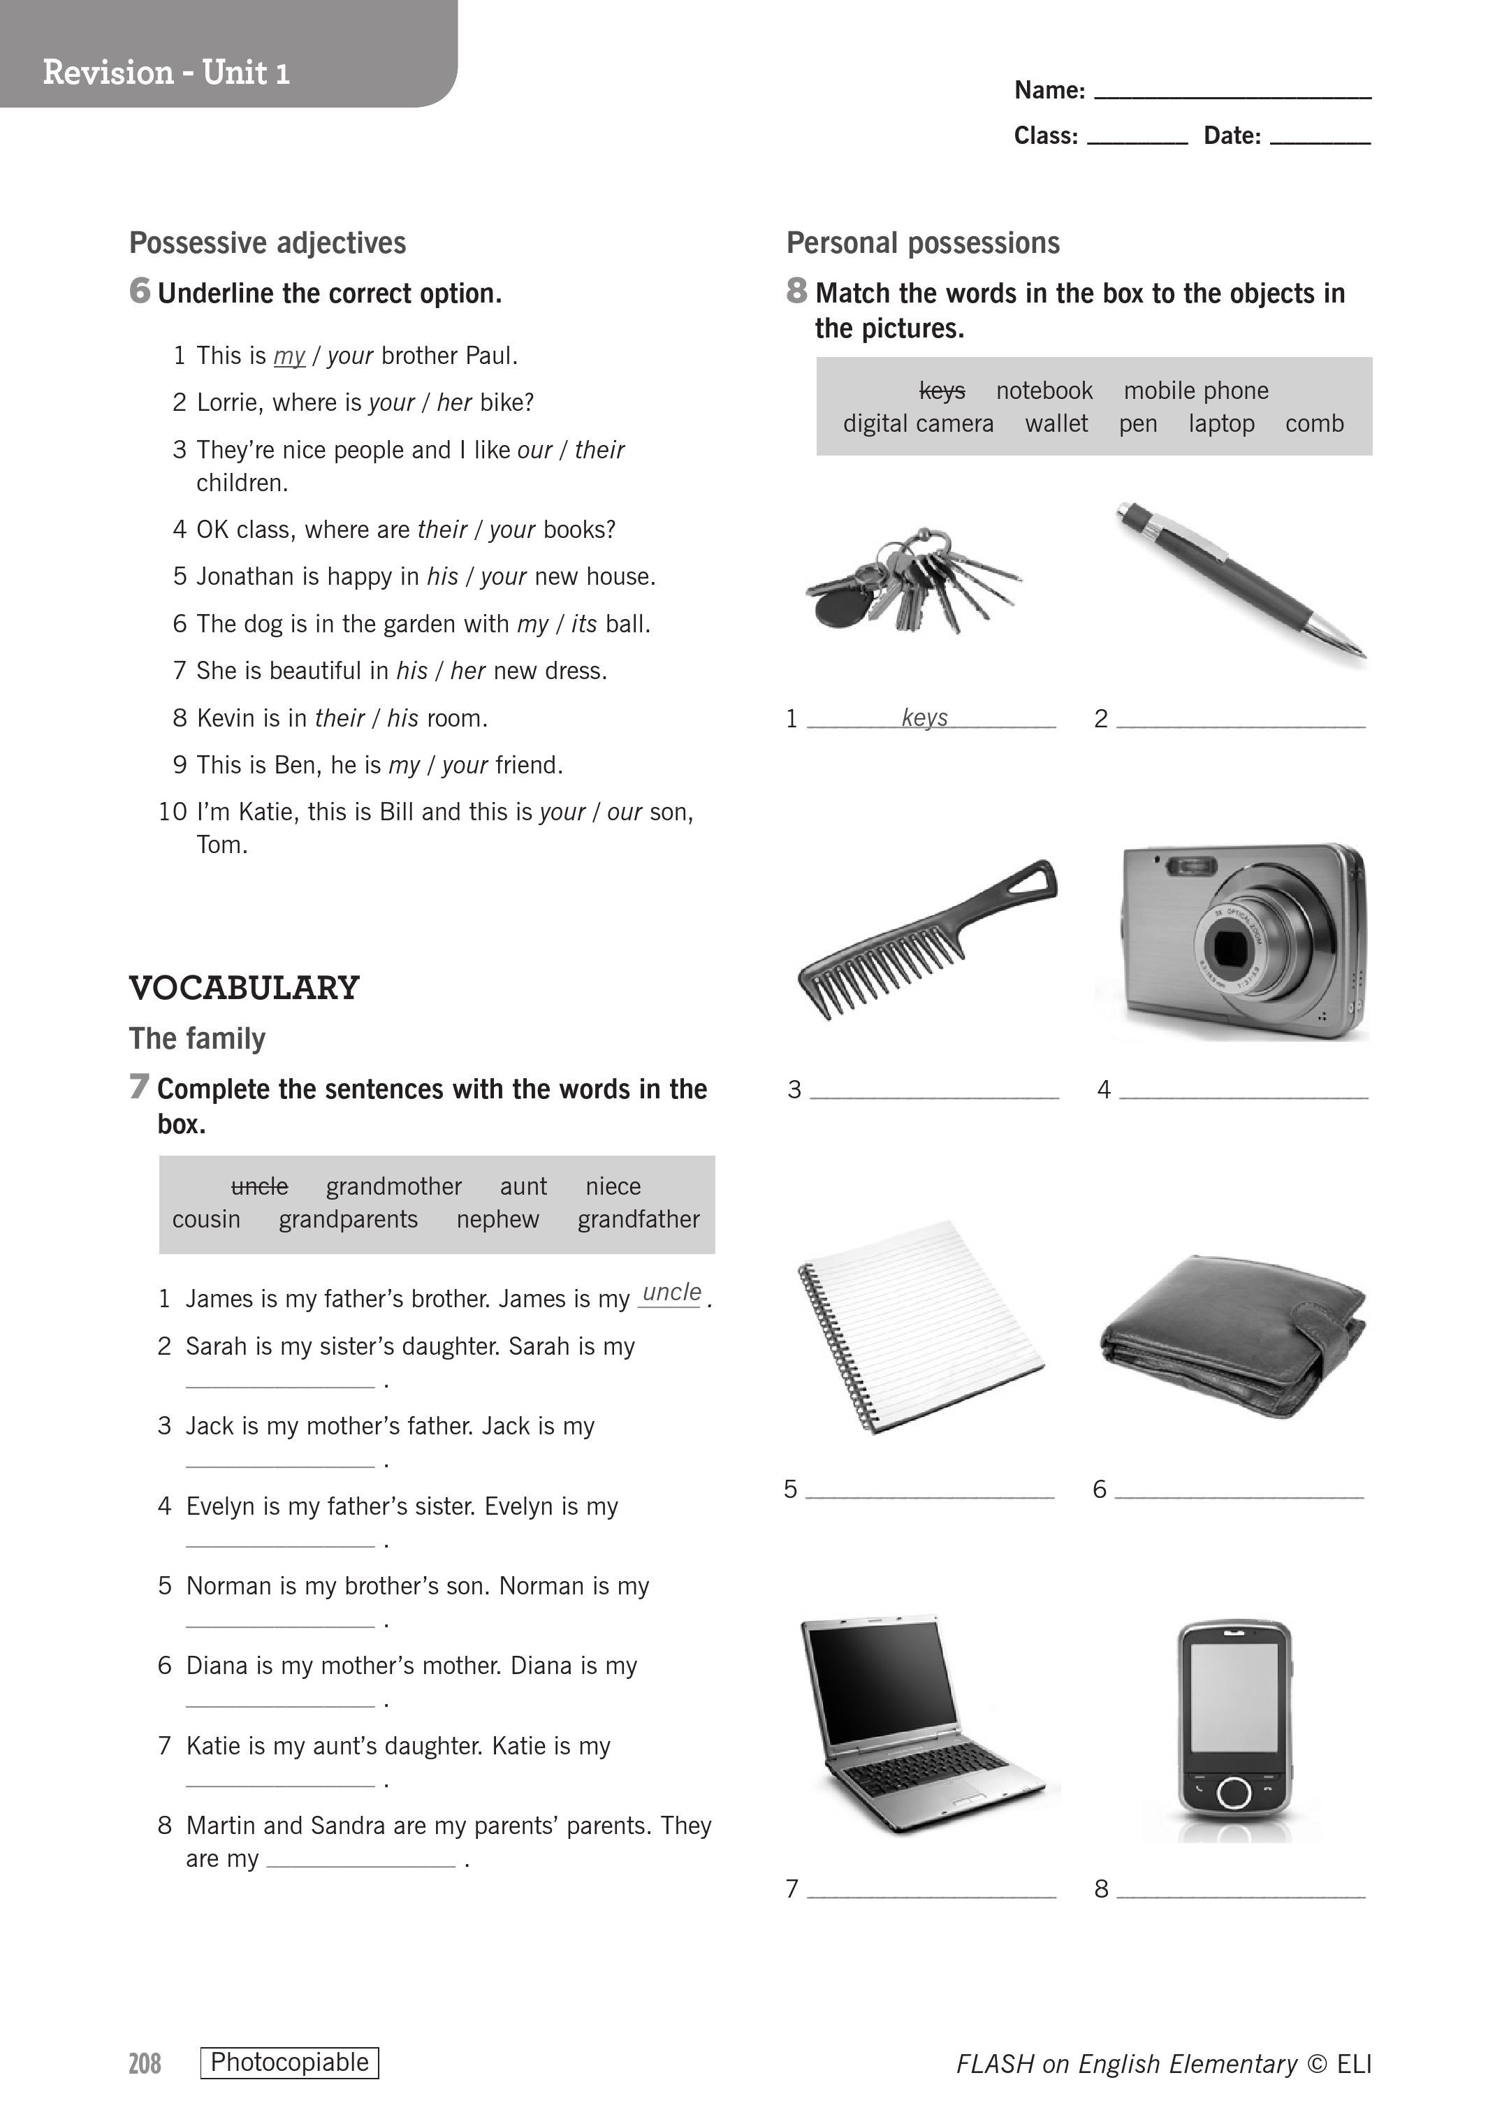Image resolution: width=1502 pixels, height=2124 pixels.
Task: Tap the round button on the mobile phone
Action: click(1234, 1792)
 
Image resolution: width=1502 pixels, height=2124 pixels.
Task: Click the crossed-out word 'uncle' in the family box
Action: click(259, 1186)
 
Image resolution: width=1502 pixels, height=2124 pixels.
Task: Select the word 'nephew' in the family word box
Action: click(497, 1219)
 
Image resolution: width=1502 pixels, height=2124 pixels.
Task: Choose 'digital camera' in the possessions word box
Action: click(917, 423)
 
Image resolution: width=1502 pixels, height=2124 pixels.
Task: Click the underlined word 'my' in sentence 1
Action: click(289, 356)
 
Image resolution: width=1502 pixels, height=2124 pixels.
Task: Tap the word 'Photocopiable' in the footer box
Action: click(289, 2062)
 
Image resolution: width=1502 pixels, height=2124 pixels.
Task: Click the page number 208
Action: click(145, 2063)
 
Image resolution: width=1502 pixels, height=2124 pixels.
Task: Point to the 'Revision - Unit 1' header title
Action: click(166, 72)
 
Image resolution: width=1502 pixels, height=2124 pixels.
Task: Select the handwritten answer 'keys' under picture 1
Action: click(924, 717)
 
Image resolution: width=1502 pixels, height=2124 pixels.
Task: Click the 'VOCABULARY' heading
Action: click(245, 988)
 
